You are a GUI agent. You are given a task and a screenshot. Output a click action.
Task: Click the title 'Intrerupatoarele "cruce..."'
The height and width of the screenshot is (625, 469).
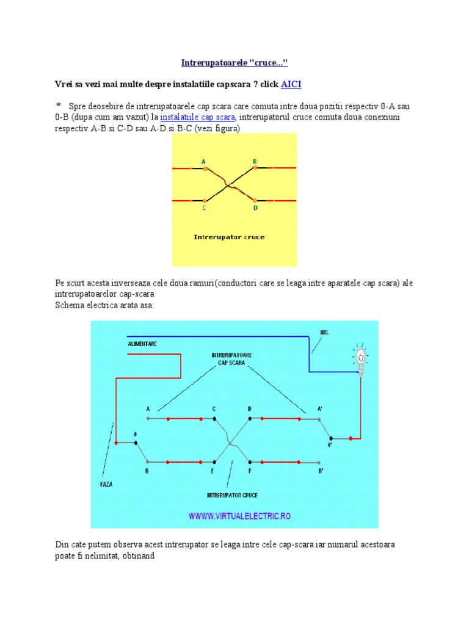pos(234,63)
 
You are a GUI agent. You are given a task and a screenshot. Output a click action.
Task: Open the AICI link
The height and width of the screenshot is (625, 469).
pos(291,84)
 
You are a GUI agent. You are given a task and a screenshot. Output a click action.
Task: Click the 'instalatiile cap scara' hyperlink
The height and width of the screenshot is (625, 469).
pos(197,117)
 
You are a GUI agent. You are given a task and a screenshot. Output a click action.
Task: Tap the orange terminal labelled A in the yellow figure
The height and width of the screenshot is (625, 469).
pos(205,168)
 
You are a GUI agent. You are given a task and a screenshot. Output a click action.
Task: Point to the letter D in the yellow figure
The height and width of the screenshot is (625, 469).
pos(255,208)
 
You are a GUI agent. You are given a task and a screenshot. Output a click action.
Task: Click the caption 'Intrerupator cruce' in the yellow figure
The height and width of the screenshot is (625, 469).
pos(229,237)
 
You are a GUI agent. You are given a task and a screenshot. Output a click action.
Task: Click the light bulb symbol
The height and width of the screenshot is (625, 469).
pos(360,359)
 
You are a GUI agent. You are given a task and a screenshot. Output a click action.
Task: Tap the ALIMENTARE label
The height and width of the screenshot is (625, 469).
pos(142,344)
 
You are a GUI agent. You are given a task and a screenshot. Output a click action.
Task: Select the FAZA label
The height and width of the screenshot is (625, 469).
pos(106,484)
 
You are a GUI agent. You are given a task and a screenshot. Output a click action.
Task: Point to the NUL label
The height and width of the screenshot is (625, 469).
pos(325,333)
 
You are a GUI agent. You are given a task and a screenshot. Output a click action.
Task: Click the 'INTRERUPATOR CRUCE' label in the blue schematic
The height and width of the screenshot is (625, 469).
pos(232,495)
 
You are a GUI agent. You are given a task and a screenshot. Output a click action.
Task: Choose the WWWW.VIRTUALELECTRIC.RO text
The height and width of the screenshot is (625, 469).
pos(239,516)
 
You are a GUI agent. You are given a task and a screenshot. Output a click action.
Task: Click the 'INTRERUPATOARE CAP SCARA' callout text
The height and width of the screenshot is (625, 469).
pos(231,359)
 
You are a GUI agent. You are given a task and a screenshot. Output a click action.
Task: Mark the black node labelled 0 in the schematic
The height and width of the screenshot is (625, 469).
pos(136,443)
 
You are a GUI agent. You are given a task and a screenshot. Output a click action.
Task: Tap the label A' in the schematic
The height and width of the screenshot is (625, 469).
pos(319,409)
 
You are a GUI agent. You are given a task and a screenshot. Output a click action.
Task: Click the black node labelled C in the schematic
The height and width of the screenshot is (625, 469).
pos(214,419)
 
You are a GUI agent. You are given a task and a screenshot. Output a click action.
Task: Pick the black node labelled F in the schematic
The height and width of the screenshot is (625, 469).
pos(250,463)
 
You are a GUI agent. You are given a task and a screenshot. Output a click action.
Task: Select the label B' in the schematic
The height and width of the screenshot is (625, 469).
pos(321,471)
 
